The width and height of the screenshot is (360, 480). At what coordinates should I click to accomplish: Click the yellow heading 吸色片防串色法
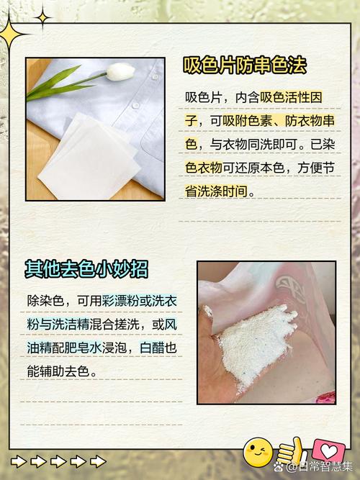[245, 65]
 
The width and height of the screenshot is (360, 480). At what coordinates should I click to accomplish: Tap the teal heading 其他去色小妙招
[86, 269]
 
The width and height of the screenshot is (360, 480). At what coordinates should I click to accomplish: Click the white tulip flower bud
[120, 72]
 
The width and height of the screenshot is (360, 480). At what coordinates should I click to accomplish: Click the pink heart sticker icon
[328, 450]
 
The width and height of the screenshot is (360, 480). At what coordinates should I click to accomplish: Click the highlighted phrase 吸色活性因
[291, 98]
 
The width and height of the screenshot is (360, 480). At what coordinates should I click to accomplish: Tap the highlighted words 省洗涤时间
[217, 191]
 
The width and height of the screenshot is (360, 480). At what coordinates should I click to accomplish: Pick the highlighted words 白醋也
[158, 348]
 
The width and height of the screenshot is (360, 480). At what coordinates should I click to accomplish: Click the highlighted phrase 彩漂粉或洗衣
[140, 301]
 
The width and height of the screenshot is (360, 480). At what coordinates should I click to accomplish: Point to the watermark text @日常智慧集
[320, 467]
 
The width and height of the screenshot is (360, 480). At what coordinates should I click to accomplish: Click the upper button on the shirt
[156, 76]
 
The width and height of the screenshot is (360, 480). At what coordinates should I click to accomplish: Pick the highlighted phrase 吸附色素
[248, 121]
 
